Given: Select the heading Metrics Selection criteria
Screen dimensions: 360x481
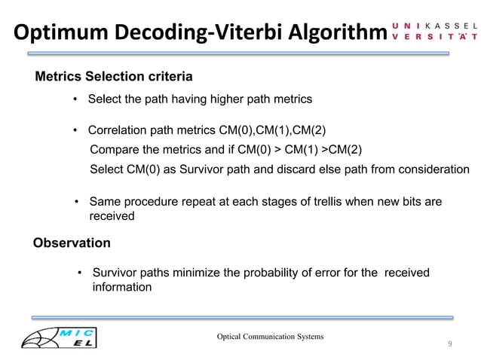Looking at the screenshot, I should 114,77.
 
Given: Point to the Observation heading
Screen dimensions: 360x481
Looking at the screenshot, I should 72,243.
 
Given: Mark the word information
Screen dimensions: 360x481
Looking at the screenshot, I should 122,287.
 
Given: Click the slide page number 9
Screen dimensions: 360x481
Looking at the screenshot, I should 449,344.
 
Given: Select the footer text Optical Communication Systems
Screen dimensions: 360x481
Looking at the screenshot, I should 270,336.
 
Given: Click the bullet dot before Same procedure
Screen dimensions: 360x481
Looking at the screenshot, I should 77,202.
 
